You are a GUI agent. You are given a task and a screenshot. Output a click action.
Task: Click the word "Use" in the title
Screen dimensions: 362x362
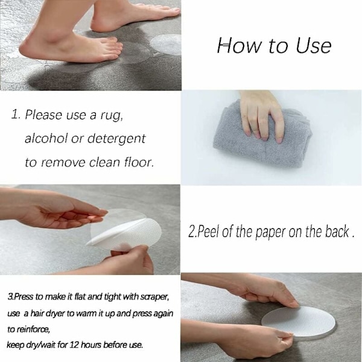(314, 45)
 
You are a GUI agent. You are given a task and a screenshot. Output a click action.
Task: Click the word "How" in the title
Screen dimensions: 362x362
(238, 45)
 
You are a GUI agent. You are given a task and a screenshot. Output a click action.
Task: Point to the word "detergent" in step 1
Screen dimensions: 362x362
(116, 139)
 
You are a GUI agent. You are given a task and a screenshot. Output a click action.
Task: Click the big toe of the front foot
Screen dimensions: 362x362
(118, 46)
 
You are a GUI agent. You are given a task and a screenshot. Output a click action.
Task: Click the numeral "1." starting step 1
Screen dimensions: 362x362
(16, 115)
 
